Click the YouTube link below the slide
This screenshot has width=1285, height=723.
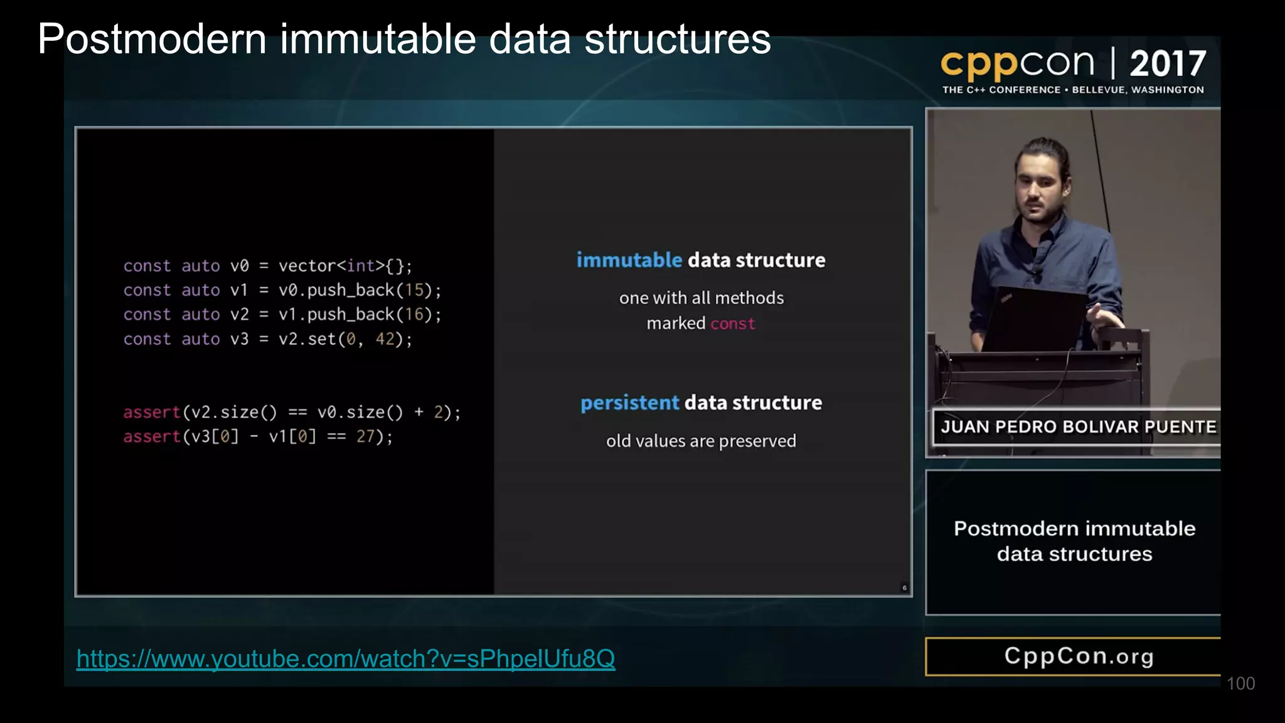coord(346,658)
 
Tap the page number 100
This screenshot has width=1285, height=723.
coord(1240,683)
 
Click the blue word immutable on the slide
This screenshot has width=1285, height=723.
coord(629,260)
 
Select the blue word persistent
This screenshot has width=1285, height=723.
coord(629,402)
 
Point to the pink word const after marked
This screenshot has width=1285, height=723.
coord(732,323)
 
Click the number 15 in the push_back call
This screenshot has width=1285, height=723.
coord(414,290)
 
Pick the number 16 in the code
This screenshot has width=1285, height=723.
coord(414,314)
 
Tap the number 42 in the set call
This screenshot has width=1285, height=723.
coord(385,339)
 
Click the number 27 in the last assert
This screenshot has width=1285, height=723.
coord(365,436)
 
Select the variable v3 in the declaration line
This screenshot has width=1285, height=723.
coord(239,339)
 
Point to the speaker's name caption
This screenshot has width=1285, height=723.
coord(1078,427)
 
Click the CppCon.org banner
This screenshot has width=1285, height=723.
coord(1078,656)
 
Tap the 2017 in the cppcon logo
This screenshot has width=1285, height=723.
coord(1168,63)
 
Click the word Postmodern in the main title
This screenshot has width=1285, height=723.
coord(152,39)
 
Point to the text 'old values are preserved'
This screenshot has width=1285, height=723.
coord(701,441)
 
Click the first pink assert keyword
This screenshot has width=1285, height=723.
coord(151,412)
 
